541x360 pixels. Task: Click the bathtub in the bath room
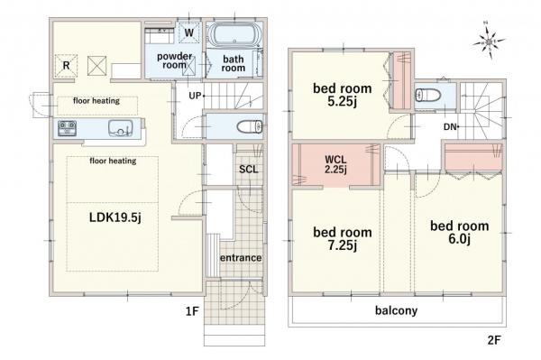click(234, 35)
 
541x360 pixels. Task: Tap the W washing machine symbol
click(189, 32)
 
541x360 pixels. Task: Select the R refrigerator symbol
click(66, 65)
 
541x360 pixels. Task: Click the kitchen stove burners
click(67, 128)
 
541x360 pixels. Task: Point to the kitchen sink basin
click(121, 128)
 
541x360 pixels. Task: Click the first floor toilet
click(250, 126)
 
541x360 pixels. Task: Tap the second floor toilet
click(427, 95)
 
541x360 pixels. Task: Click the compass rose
click(489, 42)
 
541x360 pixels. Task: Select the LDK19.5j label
click(115, 217)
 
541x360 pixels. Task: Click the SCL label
click(249, 169)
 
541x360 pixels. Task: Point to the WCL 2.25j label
click(335, 164)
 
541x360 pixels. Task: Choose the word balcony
click(396, 310)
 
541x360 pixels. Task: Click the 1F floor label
click(193, 311)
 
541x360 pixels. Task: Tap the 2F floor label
click(494, 340)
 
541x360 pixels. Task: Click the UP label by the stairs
click(195, 96)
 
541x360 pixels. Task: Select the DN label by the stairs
click(450, 127)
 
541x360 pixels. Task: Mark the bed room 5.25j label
click(343, 95)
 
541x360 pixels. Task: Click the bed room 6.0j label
click(459, 232)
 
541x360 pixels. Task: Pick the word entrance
click(241, 258)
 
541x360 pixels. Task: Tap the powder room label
click(174, 60)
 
